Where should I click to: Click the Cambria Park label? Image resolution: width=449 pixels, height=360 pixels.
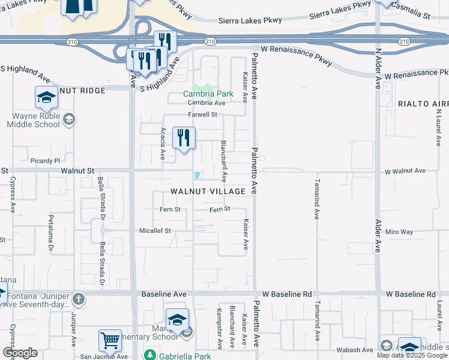click(x=208, y=94)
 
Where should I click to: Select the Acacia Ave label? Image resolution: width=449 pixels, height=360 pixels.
click(x=162, y=143)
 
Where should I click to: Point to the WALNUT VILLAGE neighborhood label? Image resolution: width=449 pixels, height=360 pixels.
click(x=208, y=191)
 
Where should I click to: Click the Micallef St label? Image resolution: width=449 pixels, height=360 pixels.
click(x=155, y=230)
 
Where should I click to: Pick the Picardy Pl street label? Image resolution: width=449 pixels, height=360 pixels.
click(x=46, y=161)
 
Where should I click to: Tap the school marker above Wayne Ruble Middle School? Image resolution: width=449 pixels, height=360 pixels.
click(x=46, y=98)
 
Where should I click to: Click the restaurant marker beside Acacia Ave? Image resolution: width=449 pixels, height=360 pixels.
click(x=184, y=137)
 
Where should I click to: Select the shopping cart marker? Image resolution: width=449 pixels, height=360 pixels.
click(x=110, y=340)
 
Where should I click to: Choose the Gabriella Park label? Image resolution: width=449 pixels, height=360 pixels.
click(x=181, y=355)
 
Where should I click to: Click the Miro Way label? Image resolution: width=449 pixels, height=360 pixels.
click(x=400, y=232)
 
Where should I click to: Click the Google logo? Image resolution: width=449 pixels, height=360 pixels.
click(x=20, y=353)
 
